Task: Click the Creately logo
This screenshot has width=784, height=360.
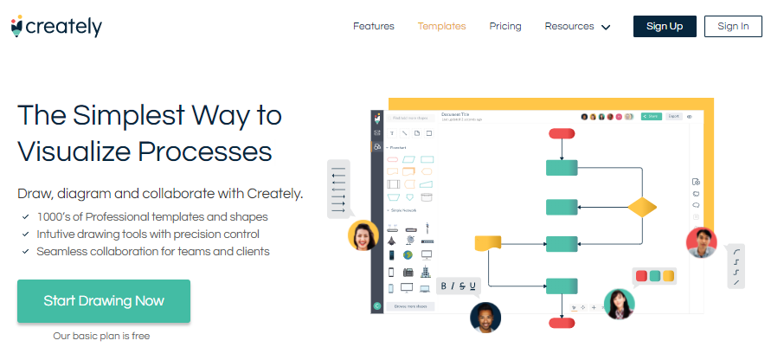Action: [x=57, y=27]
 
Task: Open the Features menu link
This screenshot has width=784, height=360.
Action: [x=373, y=26]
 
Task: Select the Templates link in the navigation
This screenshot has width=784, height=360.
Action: [x=441, y=26]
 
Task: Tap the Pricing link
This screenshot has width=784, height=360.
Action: [x=505, y=26]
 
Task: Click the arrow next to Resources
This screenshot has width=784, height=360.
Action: [x=606, y=27]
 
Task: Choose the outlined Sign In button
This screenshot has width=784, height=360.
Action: [x=733, y=26]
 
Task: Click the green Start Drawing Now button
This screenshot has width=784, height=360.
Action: [x=104, y=301]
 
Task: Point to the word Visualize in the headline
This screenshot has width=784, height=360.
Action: [x=74, y=151]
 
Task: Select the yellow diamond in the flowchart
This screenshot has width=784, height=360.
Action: [x=641, y=208]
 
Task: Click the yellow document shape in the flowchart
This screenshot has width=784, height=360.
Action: [x=489, y=243]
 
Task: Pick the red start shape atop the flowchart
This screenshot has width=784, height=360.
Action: [x=562, y=133]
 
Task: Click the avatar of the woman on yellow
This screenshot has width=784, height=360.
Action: [x=363, y=235]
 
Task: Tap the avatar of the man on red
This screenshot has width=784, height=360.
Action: [x=701, y=242]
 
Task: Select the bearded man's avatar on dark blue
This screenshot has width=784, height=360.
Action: [x=485, y=317]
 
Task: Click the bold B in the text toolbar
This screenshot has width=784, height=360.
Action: [x=445, y=286]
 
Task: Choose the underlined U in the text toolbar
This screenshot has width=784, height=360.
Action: [x=472, y=286]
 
